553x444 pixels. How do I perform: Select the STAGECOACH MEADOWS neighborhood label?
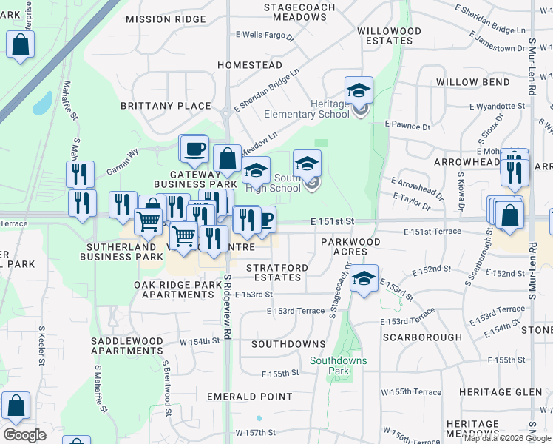300,13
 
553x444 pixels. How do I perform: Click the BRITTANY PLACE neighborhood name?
172,106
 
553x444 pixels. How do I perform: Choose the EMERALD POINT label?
249,397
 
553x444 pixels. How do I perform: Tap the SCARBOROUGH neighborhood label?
422,337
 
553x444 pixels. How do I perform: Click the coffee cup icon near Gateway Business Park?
194,148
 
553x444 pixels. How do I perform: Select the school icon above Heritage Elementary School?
359,90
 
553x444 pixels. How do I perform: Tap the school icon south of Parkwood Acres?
364,278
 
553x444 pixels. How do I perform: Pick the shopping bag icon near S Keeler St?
16,406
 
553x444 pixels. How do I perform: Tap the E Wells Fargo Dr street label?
265,35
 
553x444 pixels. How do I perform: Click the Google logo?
24,435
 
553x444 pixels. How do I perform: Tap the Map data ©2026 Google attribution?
507,438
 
